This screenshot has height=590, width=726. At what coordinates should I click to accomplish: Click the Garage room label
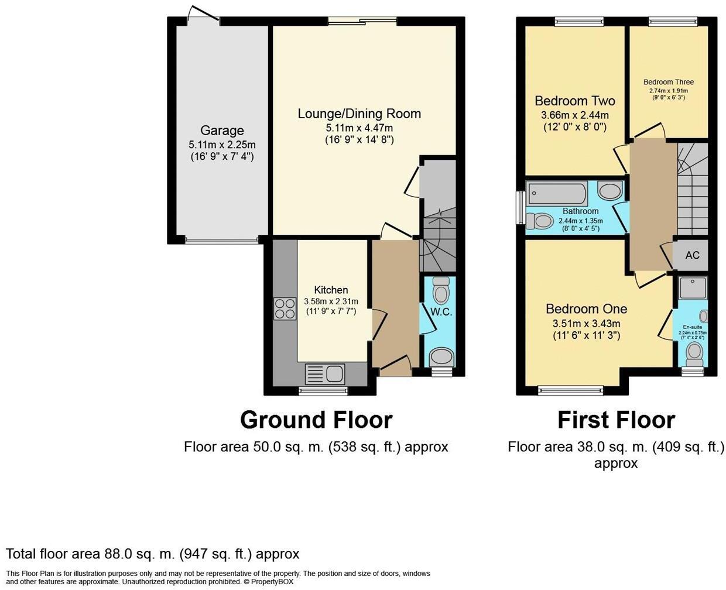[x=222, y=131]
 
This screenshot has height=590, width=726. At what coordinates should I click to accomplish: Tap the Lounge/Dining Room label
[x=359, y=114]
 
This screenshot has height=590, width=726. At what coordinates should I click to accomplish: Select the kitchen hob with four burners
[x=285, y=308]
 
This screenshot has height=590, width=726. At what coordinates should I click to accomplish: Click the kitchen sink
[x=325, y=373]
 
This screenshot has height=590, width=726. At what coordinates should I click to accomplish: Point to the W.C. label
[x=441, y=312]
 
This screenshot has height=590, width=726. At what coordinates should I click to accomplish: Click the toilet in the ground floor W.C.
[x=441, y=290]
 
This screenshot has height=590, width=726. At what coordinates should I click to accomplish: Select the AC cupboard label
[x=692, y=255]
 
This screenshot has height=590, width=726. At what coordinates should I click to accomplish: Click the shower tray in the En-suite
[x=693, y=288]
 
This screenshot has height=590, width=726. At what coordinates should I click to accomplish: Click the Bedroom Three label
[x=669, y=82]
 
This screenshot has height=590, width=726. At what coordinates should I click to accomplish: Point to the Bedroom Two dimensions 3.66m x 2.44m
[x=575, y=115]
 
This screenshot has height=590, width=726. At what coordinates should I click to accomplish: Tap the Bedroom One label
[x=586, y=308]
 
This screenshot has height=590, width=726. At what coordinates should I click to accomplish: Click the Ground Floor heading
[x=316, y=420]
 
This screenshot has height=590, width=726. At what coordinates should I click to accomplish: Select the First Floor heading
[x=617, y=420]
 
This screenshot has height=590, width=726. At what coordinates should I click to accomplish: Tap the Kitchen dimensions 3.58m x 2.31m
[x=331, y=301]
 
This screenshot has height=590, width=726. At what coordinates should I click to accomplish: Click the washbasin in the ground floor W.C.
[x=441, y=358]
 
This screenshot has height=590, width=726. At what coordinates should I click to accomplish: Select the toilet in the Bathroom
[x=540, y=221]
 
